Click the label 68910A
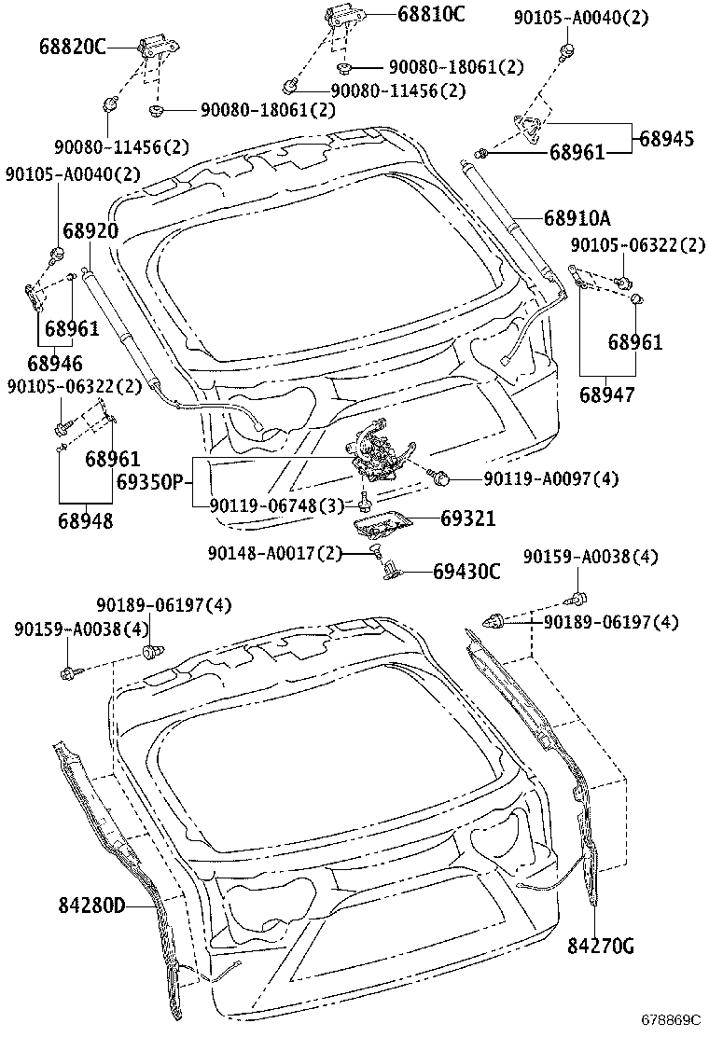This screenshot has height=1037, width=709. (577, 218)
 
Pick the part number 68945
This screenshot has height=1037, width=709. (666, 138)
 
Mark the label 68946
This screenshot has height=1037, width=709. (54, 363)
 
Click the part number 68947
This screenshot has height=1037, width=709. (606, 395)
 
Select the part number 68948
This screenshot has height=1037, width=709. (85, 520)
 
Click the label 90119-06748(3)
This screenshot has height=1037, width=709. (275, 505)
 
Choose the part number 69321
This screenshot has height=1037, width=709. (467, 518)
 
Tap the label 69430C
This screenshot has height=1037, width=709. (466, 571)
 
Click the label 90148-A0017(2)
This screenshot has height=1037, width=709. (274, 553)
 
